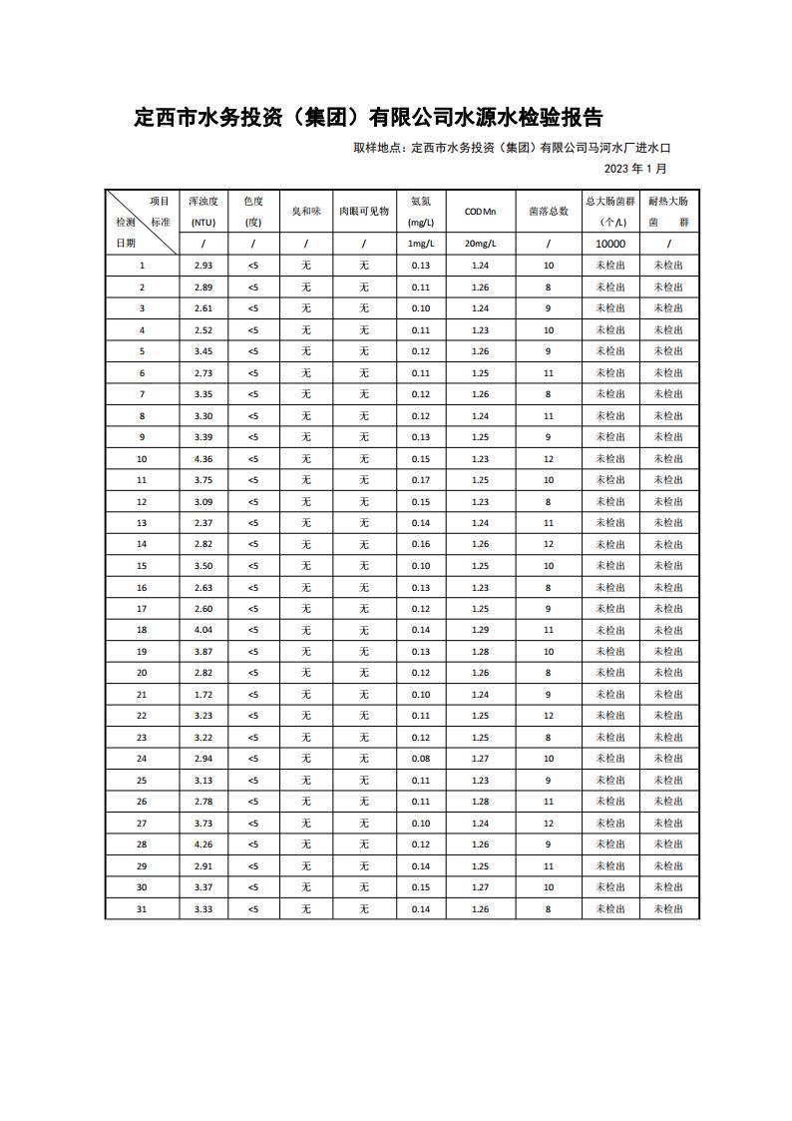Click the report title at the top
click(x=368, y=118)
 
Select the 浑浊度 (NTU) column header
click(x=203, y=211)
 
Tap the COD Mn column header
click(x=480, y=212)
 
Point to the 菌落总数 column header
click(x=549, y=212)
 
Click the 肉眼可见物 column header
click(x=364, y=212)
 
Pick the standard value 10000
click(x=610, y=244)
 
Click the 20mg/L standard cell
click(x=480, y=244)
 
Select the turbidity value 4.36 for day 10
click(x=203, y=458)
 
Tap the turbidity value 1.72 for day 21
click(x=203, y=695)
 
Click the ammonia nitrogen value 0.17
click(x=420, y=480)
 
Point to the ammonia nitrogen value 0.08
click(x=420, y=759)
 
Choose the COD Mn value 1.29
click(x=480, y=630)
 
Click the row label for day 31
click(x=142, y=909)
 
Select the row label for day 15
click(x=142, y=566)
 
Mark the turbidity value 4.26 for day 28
click(x=203, y=844)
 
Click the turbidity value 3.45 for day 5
click(x=203, y=351)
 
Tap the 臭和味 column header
click(x=305, y=212)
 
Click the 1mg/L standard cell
click(x=420, y=244)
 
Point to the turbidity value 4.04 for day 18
click(x=203, y=630)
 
